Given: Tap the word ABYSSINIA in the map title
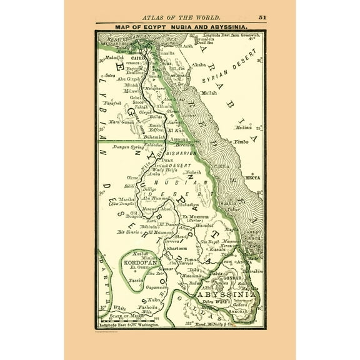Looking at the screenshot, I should click(x=229, y=27).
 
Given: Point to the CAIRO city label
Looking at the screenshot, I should click(x=137, y=57).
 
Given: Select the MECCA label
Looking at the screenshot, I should click(x=253, y=177).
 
